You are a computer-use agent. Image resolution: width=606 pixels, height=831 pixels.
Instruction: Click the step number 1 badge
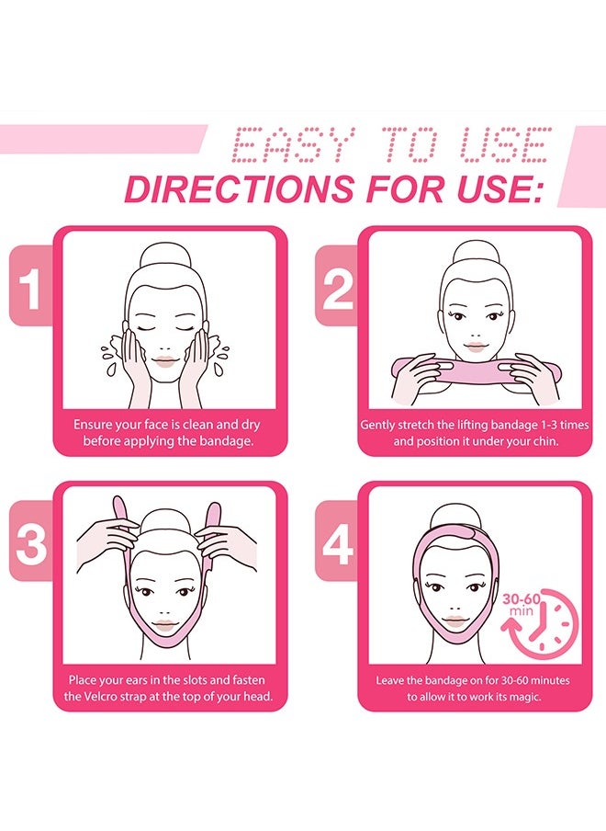tap(31, 291)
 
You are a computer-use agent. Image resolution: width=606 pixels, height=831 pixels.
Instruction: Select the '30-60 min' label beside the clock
tap(520, 604)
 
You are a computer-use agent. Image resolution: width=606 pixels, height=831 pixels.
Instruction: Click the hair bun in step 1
tap(165, 255)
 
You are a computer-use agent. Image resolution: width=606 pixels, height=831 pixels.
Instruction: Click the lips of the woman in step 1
tap(165, 360)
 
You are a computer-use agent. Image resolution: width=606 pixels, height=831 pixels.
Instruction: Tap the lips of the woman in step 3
tap(165, 626)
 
